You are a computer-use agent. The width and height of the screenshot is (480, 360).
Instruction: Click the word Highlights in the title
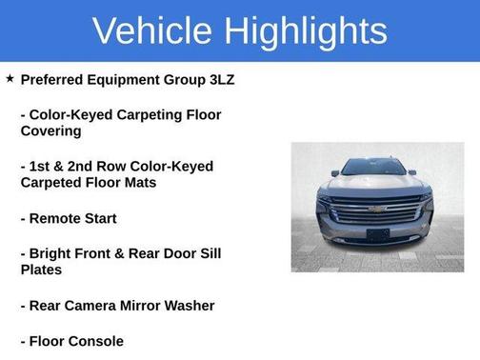click(x=307, y=31)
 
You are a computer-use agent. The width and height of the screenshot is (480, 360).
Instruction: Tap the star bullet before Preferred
click(x=10, y=79)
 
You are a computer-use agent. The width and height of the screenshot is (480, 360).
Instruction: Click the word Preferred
click(x=51, y=80)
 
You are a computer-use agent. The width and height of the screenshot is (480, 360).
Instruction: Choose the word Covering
click(x=50, y=131)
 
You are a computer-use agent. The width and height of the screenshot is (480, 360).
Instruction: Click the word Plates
click(x=42, y=270)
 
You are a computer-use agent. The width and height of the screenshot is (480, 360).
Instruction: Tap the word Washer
click(x=190, y=306)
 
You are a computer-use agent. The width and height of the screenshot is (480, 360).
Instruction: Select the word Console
click(x=98, y=341)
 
